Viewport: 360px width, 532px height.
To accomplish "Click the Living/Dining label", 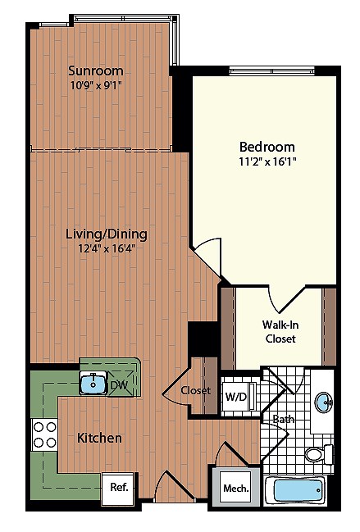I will point(100,234).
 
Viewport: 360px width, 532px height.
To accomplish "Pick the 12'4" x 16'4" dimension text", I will point(100,249).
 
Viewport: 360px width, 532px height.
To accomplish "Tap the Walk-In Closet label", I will point(280,330).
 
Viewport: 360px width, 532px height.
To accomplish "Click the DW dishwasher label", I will point(118,384).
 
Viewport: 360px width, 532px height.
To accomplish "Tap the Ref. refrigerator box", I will point(118,487).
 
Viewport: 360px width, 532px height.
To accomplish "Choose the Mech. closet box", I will point(231,489).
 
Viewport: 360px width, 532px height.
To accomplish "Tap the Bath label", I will point(283,420).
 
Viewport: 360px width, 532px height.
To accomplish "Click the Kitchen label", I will point(99,438).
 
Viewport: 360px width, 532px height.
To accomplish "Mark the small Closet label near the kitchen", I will point(196,390).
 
